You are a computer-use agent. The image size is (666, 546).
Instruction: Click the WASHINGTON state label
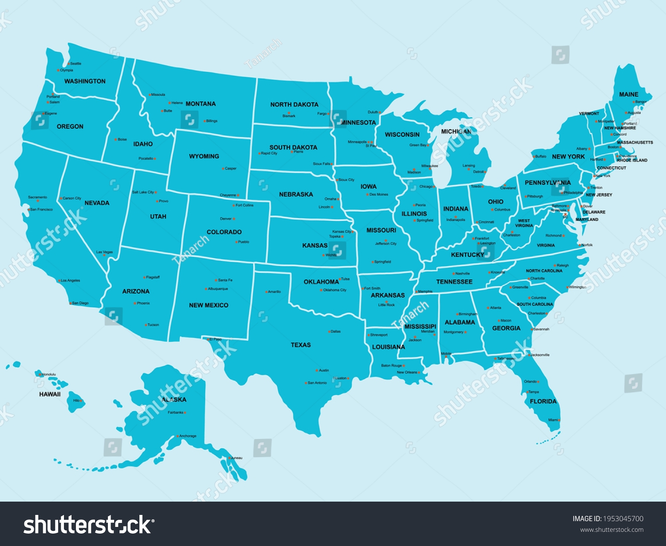pos(85,81)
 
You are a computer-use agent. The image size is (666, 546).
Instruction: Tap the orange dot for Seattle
pos(69,64)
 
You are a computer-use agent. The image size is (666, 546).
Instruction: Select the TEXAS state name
pos(301,345)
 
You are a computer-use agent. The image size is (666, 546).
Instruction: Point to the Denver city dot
pos(234,219)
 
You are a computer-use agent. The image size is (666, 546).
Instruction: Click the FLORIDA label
pos(543,401)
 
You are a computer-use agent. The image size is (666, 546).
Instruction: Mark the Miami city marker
pos(559,420)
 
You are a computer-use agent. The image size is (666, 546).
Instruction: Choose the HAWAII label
pos(50,394)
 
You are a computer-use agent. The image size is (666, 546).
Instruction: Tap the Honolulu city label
pos(49,375)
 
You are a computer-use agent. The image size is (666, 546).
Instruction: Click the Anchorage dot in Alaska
pos(178,436)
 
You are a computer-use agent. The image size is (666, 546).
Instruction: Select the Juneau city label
pos(237,458)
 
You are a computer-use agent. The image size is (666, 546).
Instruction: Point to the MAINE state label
pos(629,95)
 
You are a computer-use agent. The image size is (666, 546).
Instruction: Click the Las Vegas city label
pos(105,252)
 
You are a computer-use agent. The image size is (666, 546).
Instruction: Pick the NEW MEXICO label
pos(209,305)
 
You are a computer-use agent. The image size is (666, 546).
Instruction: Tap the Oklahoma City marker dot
pos(321,290)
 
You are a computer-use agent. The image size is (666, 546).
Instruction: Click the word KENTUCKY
pos(467,255)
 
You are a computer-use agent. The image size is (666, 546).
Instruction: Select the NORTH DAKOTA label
pos(294,105)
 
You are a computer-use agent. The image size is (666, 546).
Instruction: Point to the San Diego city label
pos(81,303)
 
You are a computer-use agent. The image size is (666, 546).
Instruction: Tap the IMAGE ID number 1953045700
pos(622,518)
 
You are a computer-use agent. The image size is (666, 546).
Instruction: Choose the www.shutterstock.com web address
pos(611,530)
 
